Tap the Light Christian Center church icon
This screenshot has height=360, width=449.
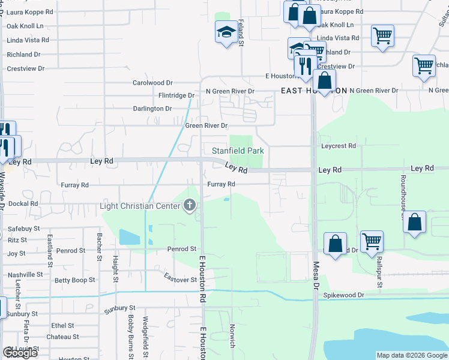click(x=190, y=206)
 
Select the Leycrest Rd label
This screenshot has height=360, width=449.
click(x=339, y=146)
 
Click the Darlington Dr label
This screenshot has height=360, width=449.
click(x=152, y=109)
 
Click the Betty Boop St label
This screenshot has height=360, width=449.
click(x=75, y=280)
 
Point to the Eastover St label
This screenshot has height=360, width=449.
click(x=181, y=280)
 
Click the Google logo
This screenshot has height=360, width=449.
click(x=20, y=353)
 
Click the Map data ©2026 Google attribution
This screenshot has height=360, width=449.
click(x=411, y=355)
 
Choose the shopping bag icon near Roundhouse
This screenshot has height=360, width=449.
click(x=415, y=222)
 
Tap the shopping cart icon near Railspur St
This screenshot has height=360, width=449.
click(x=372, y=241)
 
